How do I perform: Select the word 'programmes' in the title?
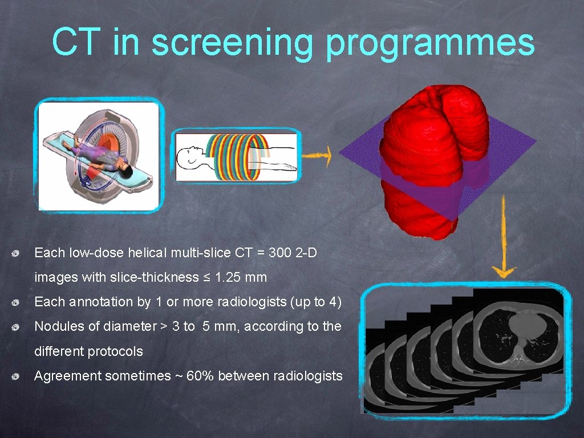[431, 43]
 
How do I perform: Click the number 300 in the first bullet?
[279, 252]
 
